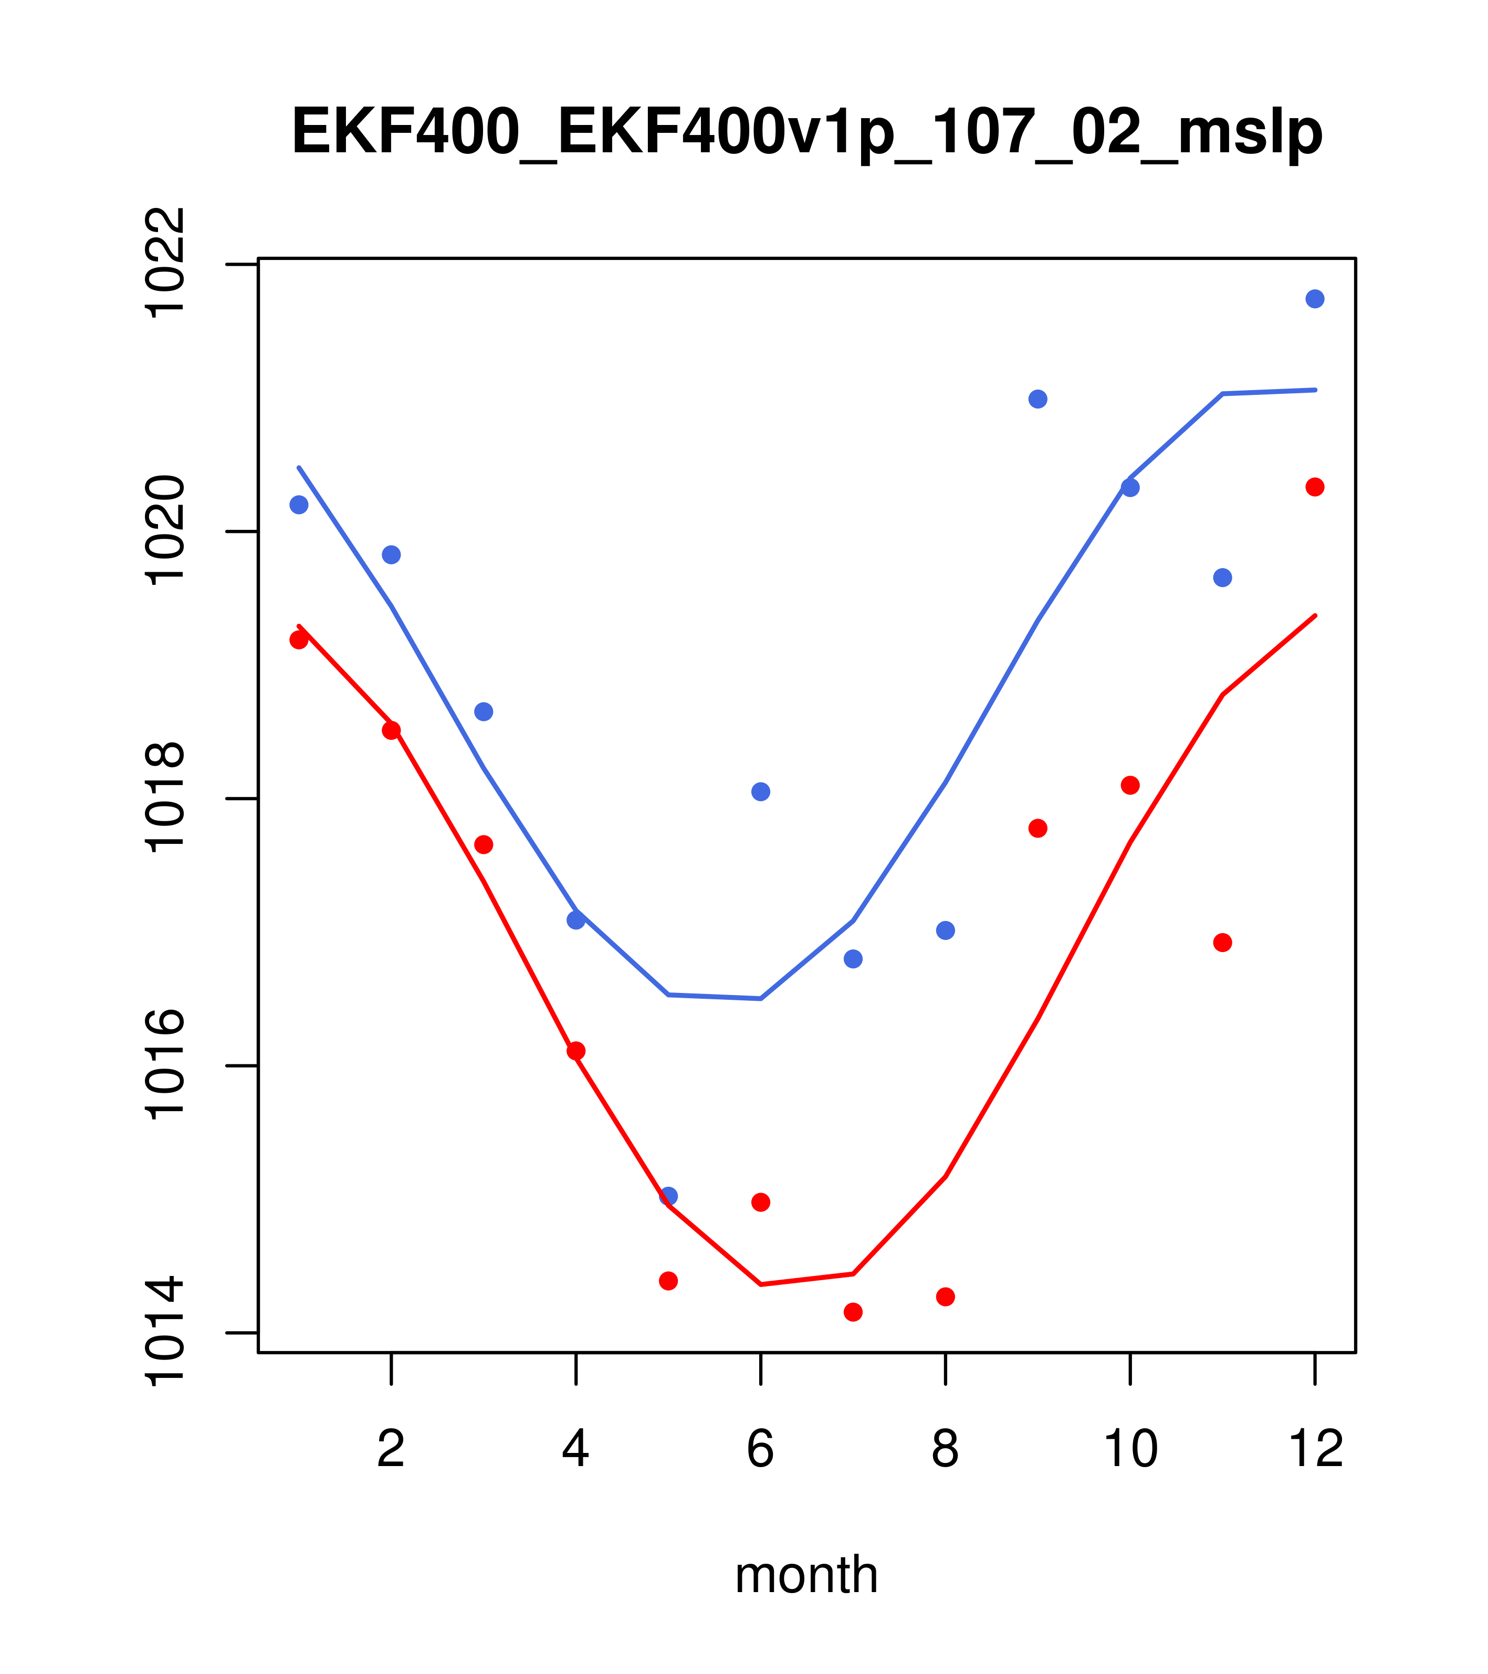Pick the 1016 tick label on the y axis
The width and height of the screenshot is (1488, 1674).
click(x=165, y=1065)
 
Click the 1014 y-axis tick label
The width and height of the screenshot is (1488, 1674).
click(x=165, y=1333)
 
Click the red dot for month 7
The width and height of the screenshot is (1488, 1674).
click(x=853, y=1312)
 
